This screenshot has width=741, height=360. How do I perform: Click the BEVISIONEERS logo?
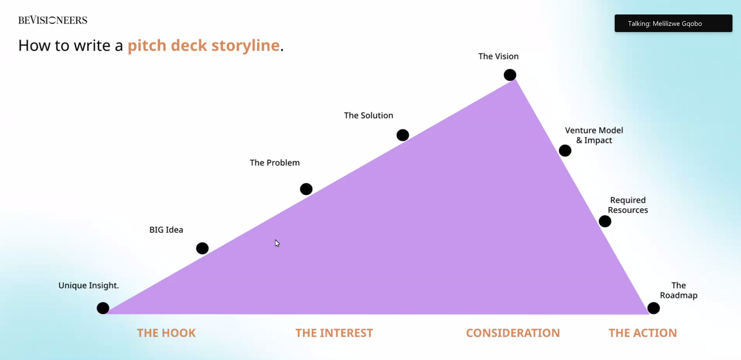pos(53,20)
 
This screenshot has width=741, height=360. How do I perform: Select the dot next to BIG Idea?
pos(202,248)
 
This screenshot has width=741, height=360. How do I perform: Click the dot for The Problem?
pos(306,189)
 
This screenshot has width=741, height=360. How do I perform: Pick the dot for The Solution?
pos(403,135)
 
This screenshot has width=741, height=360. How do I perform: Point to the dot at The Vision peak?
pos(510,75)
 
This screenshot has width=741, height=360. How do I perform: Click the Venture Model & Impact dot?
pos(565,150)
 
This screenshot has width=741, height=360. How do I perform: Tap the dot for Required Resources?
pos(605,221)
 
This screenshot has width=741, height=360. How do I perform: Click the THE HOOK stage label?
pos(166,333)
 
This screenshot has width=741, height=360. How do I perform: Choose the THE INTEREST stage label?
pos(334,333)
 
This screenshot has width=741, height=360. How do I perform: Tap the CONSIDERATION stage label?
pos(513,333)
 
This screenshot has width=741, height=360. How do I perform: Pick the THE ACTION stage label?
pos(643,333)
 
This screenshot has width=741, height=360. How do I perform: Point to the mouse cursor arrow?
pos(277,243)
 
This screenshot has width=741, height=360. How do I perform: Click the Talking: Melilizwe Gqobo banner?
pos(673,23)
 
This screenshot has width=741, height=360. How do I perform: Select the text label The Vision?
pos(498,56)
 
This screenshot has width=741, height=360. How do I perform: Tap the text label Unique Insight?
pos(89,286)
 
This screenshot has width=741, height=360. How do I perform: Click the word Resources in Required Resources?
pos(628,210)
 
